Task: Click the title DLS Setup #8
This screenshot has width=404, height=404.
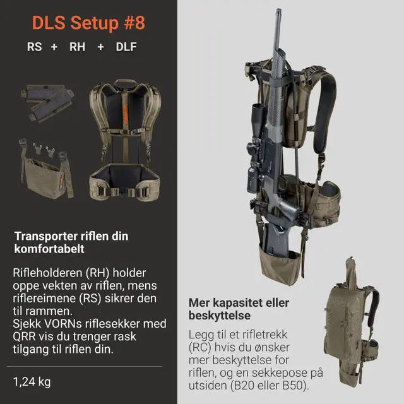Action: coord(88,23)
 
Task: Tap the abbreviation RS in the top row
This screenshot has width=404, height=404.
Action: coord(35,47)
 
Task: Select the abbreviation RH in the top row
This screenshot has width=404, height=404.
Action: coord(77,47)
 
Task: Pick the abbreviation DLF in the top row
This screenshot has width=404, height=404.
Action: coord(126,47)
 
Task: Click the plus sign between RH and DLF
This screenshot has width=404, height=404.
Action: coord(101,47)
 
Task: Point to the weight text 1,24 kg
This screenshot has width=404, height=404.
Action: coord(32,381)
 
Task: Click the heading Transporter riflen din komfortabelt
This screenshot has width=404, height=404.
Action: coord(71,242)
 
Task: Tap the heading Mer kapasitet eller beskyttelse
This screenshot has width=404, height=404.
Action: coord(239,309)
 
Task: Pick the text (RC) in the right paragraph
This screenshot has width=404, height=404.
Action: coord(201,347)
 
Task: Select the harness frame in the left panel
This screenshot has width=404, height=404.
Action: coord(126,139)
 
